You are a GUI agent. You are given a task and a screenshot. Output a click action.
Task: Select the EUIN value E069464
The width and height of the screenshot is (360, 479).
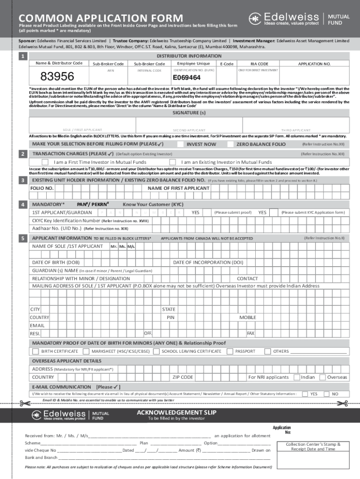coord(187,78)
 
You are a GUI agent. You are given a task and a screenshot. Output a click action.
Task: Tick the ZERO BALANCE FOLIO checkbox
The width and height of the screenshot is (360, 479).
coord(230,144)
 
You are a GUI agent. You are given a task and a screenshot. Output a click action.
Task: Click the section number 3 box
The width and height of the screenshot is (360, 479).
coord(22,180)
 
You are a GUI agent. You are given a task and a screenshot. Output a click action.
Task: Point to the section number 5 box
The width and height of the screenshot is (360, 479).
coord(22,239)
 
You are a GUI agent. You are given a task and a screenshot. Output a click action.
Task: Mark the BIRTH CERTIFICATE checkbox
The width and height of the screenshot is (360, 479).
coord(36,351)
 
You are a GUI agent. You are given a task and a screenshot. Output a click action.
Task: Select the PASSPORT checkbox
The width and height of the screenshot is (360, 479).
coord(230,351)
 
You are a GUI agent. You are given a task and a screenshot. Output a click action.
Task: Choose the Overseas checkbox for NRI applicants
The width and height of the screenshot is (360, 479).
coord(322,377)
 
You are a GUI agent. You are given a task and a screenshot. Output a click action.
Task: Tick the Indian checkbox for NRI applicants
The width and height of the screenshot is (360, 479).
coord(296,377)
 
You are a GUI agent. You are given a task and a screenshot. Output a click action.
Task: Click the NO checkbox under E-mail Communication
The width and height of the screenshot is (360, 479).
coord(327,394)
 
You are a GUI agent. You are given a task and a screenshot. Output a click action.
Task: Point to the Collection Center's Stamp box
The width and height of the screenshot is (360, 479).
coord(313,447)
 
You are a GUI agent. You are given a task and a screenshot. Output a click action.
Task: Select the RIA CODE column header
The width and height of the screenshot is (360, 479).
coord(259,64)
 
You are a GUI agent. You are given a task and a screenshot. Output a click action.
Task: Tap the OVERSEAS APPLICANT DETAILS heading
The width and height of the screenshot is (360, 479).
coord(66,361)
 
